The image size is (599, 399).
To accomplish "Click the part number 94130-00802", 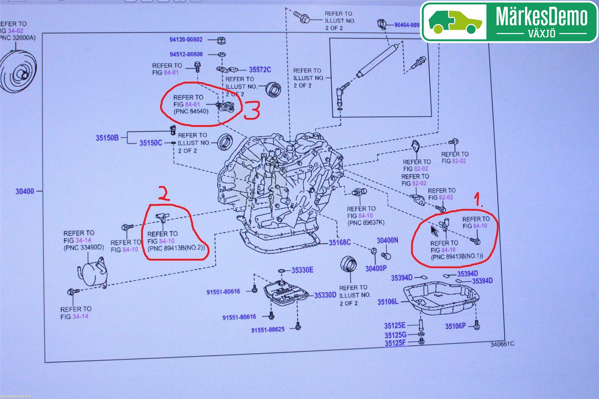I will [186, 39].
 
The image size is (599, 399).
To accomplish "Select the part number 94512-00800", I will [186, 54].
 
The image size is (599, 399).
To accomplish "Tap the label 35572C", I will [260, 70].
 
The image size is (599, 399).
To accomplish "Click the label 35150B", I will [107, 138].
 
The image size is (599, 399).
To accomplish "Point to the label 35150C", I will [151, 143].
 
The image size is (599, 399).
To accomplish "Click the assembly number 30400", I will [25, 191].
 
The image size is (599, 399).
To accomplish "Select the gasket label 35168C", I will [340, 242].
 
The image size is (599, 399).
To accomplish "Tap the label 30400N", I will [387, 240].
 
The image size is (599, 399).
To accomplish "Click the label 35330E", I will [302, 270].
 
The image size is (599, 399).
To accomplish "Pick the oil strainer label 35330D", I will [325, 295].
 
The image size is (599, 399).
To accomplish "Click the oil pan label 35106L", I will [388, 302].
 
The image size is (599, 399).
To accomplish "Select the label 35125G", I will [395, 335].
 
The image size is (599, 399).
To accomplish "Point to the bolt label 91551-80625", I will [268, 330].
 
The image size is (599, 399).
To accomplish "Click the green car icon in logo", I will [455, 22].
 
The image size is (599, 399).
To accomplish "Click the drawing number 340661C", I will [502, 344].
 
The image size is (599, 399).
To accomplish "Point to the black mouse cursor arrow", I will [434, 231].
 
